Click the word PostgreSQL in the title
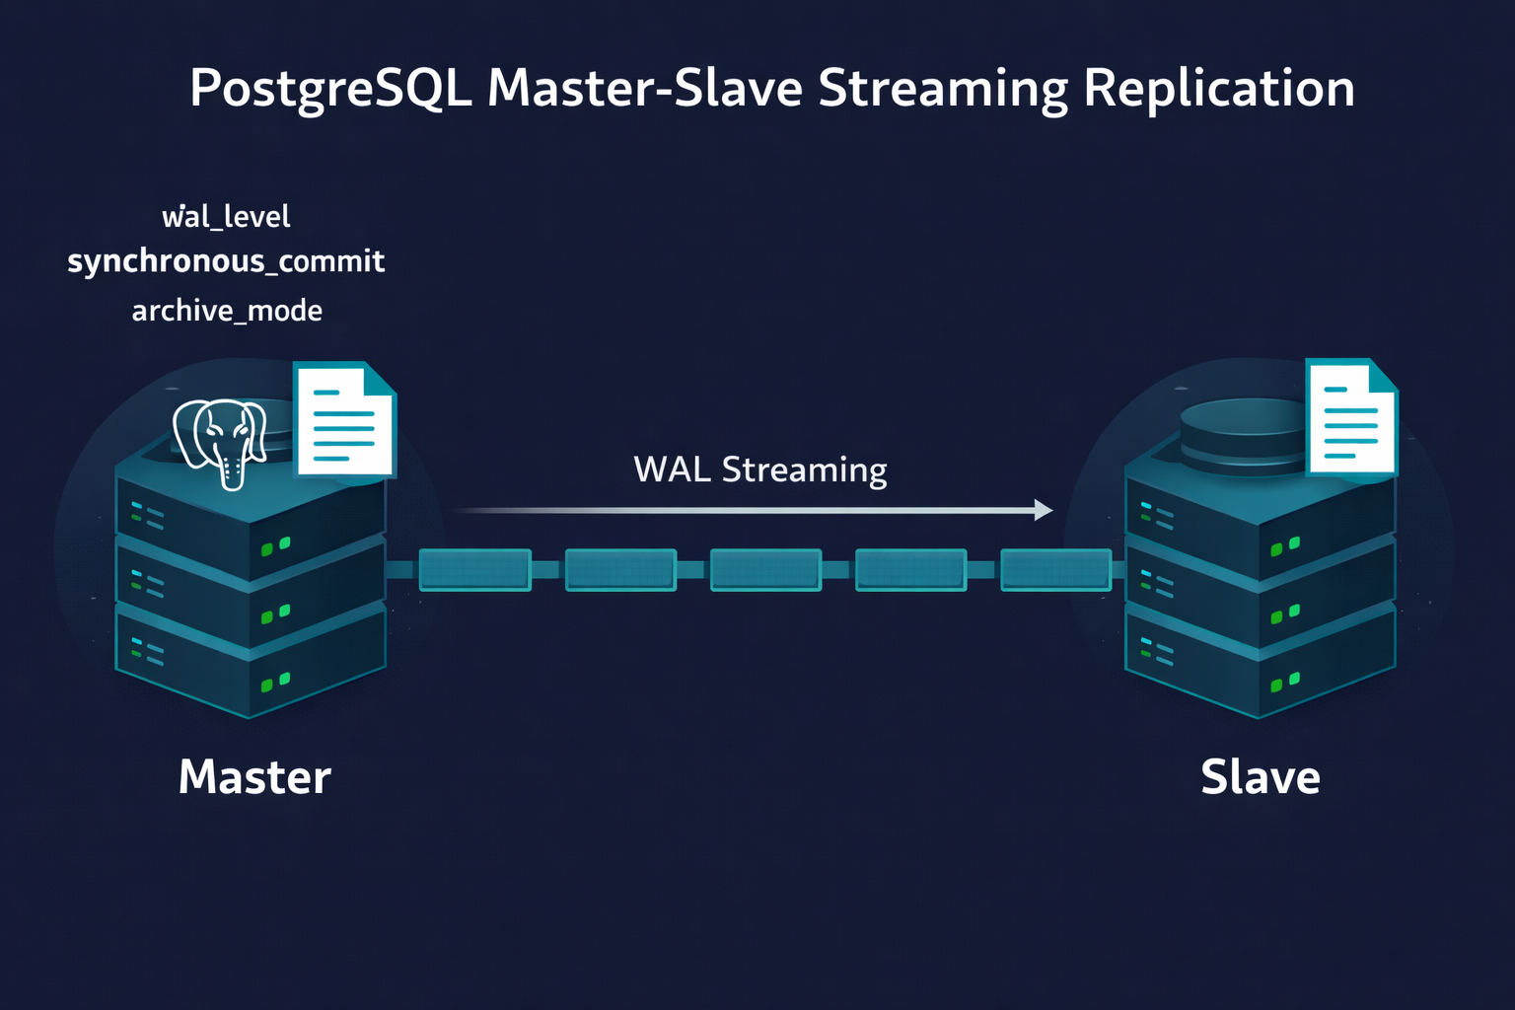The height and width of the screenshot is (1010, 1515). click(x=329, y=89)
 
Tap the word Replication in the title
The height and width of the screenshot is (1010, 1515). click(x=1218, y=89)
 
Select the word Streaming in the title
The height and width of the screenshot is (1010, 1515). click(x=942, y=89)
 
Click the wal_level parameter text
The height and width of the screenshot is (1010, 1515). click(x=226, y=217)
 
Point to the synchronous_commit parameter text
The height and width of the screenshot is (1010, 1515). click(x=226, y=261)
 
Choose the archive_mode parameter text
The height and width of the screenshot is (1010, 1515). click(x=227, y=311)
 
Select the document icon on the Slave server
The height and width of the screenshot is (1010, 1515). click(x=1351, y=417)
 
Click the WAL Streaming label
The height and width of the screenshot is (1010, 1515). click(x=759, y=469)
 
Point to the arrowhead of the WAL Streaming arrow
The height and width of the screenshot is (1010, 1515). click(x=1043, y=510)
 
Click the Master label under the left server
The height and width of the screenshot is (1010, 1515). click(x=254, y=777)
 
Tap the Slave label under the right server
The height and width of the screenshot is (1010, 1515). click(x=1260, y=777)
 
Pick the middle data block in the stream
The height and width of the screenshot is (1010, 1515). click(x=765, y=570)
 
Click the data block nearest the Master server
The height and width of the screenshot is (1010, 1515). click(x=474, y=570)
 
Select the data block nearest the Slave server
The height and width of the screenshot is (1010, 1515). click(x=1055, y=570)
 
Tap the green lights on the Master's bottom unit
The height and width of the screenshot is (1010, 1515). click(x=275, y=682)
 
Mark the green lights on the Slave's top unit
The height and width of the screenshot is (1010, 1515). click(x=1284, y=545)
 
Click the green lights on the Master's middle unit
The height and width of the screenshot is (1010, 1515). click(x=275, y=614)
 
